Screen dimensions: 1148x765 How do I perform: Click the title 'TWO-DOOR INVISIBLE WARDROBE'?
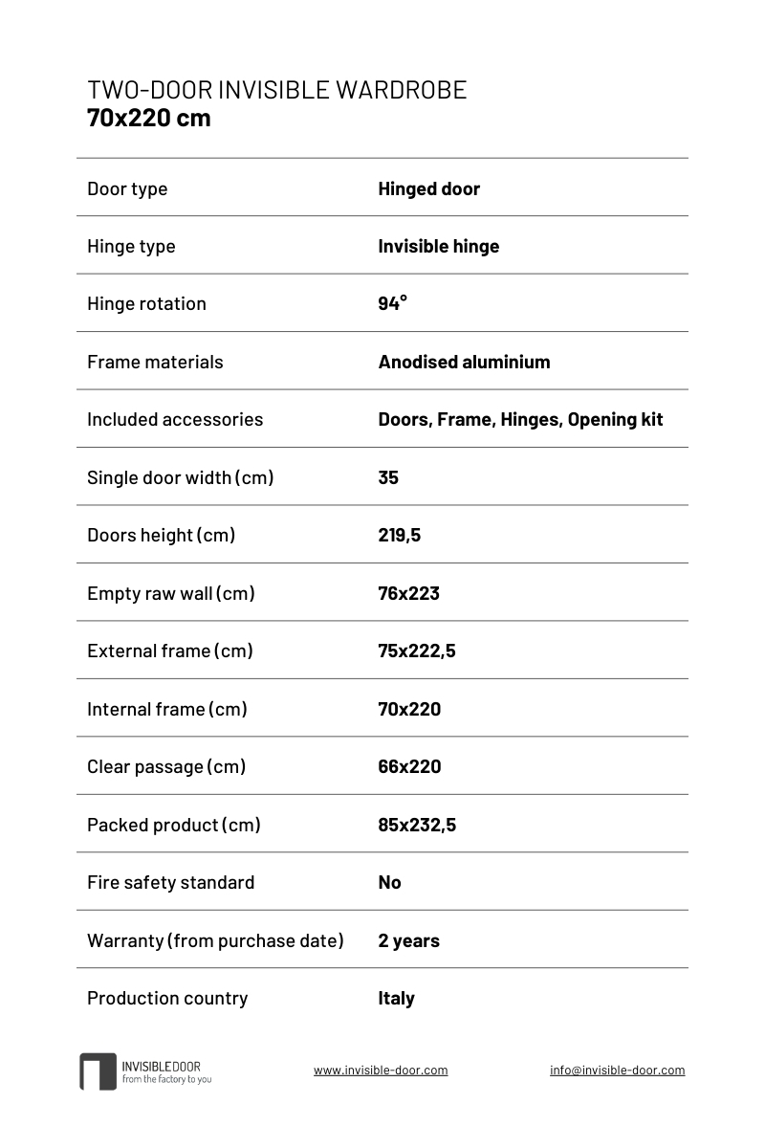[x=276, y=90]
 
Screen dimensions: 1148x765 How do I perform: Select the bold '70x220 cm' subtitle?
[x=148, y=119]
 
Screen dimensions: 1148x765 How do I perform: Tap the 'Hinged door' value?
[x=428, y=188]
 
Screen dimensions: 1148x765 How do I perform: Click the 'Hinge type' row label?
[x=131, y=246]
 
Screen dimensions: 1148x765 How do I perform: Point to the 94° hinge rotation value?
[x=392, y=303]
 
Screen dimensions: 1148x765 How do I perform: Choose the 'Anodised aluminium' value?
[x=464, y=362]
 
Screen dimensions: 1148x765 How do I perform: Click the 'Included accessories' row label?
[x=175, y=419]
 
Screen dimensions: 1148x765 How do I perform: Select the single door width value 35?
[x=388, y=477]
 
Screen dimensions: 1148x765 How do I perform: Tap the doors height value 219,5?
[x=399, y=535]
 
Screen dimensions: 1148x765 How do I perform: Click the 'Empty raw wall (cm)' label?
[x=171, y=593]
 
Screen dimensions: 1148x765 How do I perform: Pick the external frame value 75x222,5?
[x=416, y=651]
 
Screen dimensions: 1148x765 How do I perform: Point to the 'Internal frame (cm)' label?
[x=167, y=709]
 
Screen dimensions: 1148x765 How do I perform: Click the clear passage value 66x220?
[x=409, y=766]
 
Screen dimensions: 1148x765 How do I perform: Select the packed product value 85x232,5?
[x=417, y=825]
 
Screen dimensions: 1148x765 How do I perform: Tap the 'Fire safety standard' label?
[x=170, y=882]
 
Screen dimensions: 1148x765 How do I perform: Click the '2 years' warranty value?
[x=408, y=940]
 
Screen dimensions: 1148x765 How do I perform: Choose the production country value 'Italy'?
[x=396, y=998]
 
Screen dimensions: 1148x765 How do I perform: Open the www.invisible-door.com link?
[x=381, y=1071]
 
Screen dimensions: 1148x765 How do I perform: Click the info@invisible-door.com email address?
[x=617, y=1071]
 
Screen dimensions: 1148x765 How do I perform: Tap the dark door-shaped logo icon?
[x=98, y=1071]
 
